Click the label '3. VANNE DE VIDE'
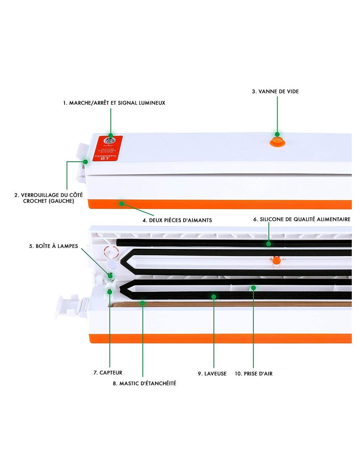pos(275,92)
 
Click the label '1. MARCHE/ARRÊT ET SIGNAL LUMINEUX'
pos(114,103)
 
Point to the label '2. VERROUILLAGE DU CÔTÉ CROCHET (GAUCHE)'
pos(48,198)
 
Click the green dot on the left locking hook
pos(85,162)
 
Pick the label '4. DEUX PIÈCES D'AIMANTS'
pos(177,220)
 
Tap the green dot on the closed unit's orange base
pos(121,204)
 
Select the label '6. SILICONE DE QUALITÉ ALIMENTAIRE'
pos(302,219)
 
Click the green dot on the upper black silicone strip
pos(268,244)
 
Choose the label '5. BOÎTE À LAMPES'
pos(53,246)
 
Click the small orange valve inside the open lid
pos(276,260)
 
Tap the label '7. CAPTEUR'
pos(108,373)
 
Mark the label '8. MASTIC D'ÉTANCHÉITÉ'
pos(144,383)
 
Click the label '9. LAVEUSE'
pos(212,374)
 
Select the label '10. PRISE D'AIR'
pos(254,374)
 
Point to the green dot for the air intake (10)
pos(253,288)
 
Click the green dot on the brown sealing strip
pos(142,303)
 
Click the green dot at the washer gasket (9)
pos(214,297)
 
